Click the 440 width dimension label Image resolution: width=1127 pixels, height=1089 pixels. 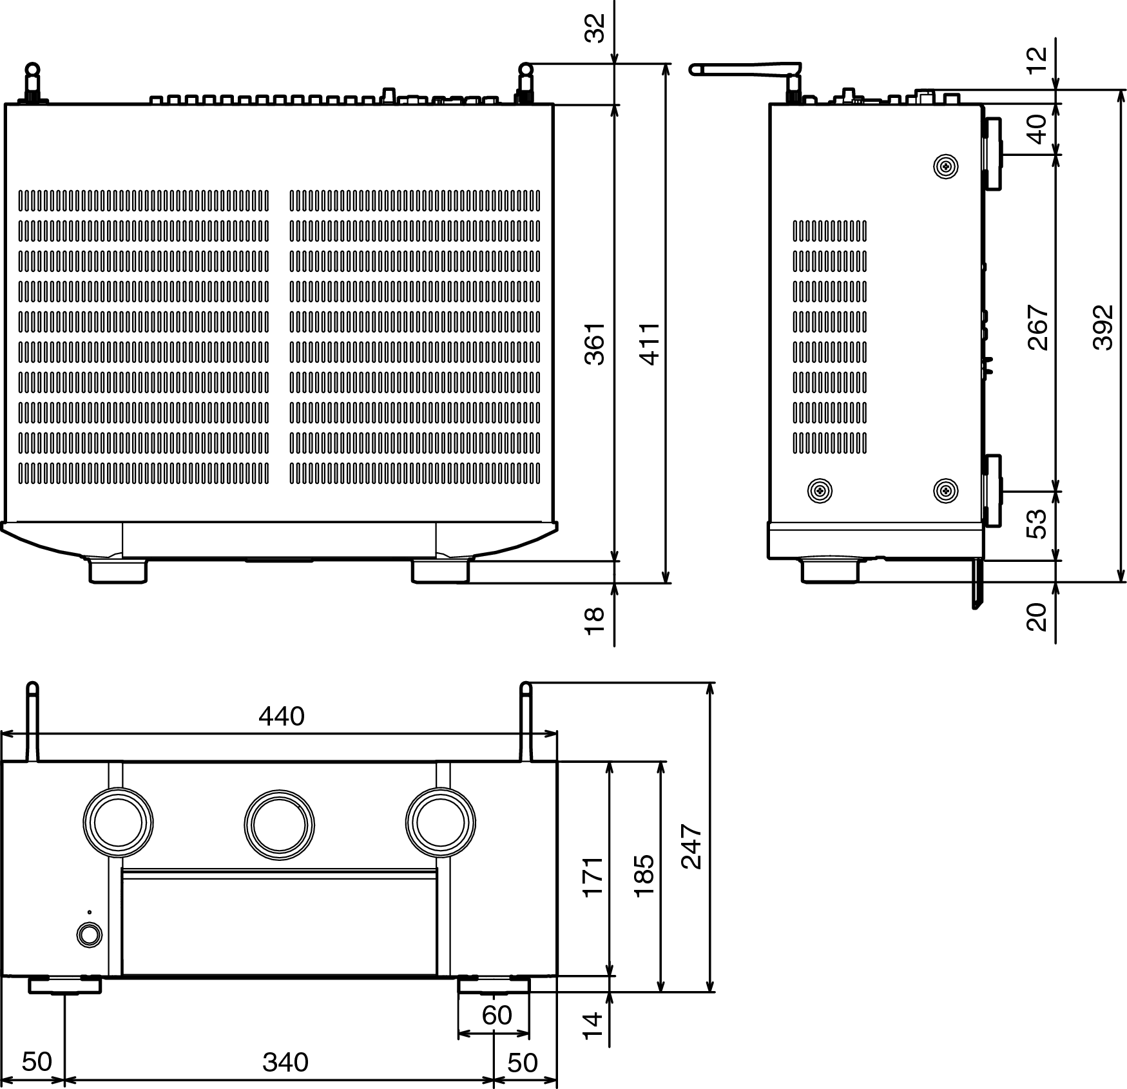pyautogui.click(x=282, y=717)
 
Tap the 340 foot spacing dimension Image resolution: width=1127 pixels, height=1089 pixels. pyautogui.click(x=285, y=1062)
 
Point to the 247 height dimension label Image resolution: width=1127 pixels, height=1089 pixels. pyautogui.click(x=692, y=846)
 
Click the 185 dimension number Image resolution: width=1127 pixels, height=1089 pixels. pyautogui.click(x=644, y=875)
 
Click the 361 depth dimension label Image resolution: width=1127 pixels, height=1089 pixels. pyautogui.click(x=595, y=344)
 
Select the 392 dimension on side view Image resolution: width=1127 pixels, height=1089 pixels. pyautogui.click(x=1103, y=327)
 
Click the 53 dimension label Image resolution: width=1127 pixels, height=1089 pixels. pyautogui.click(x=1037, y=524)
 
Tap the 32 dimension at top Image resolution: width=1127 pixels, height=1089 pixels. pyautogui.click(x=595, y=28)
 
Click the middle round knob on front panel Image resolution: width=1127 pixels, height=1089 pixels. pyautogui.click(x=280, y=824)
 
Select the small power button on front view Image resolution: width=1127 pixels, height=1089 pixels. pyautogui.click(x=89, y=935)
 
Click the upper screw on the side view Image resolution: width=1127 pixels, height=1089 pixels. pyautogui.click(x=945, y=167)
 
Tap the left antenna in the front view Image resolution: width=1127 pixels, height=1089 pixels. pyautogui.click(x=33, y=722)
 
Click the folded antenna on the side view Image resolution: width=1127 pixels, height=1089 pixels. pyautogui.click(x=746, y=68)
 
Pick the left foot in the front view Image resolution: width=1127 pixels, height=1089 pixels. pyautogui.click(x=64, y=985)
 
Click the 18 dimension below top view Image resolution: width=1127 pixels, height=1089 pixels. pyautogui.click(x=594, y=620)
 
